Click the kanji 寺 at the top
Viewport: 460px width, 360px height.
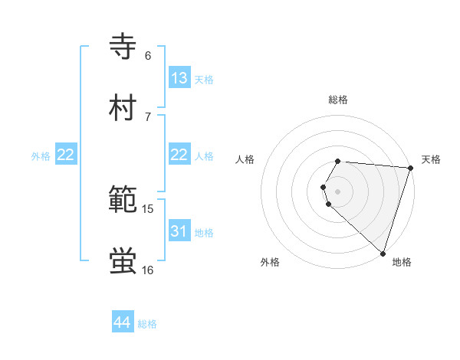click(x=123, y=47)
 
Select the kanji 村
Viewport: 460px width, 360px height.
click(x=123, y=108)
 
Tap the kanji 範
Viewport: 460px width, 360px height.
click(x=123, y=200)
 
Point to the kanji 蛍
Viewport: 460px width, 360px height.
click(x=123, y=261)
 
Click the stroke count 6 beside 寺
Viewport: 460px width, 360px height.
click(x=148, y=55)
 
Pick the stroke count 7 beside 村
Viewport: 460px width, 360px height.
click(x=148, y=116)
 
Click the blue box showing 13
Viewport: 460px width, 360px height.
click(x=179, y=78)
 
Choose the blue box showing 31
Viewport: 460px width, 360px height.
click(x=179, y=231)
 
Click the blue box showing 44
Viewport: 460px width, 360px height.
click(x=122, y=323)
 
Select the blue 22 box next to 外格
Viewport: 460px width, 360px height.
click(x=66, y=155)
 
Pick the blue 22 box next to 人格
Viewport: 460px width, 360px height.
click(x=179, y=155)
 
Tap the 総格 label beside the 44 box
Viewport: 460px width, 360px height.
click(x=147, y=324)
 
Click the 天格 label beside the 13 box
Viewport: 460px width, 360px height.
click(x=204, y=79)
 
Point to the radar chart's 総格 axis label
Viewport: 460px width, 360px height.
click(x=338, y=100)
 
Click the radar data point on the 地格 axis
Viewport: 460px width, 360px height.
click(x=383, y=253)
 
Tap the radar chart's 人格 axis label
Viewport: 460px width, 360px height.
click(x=245, y=159)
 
